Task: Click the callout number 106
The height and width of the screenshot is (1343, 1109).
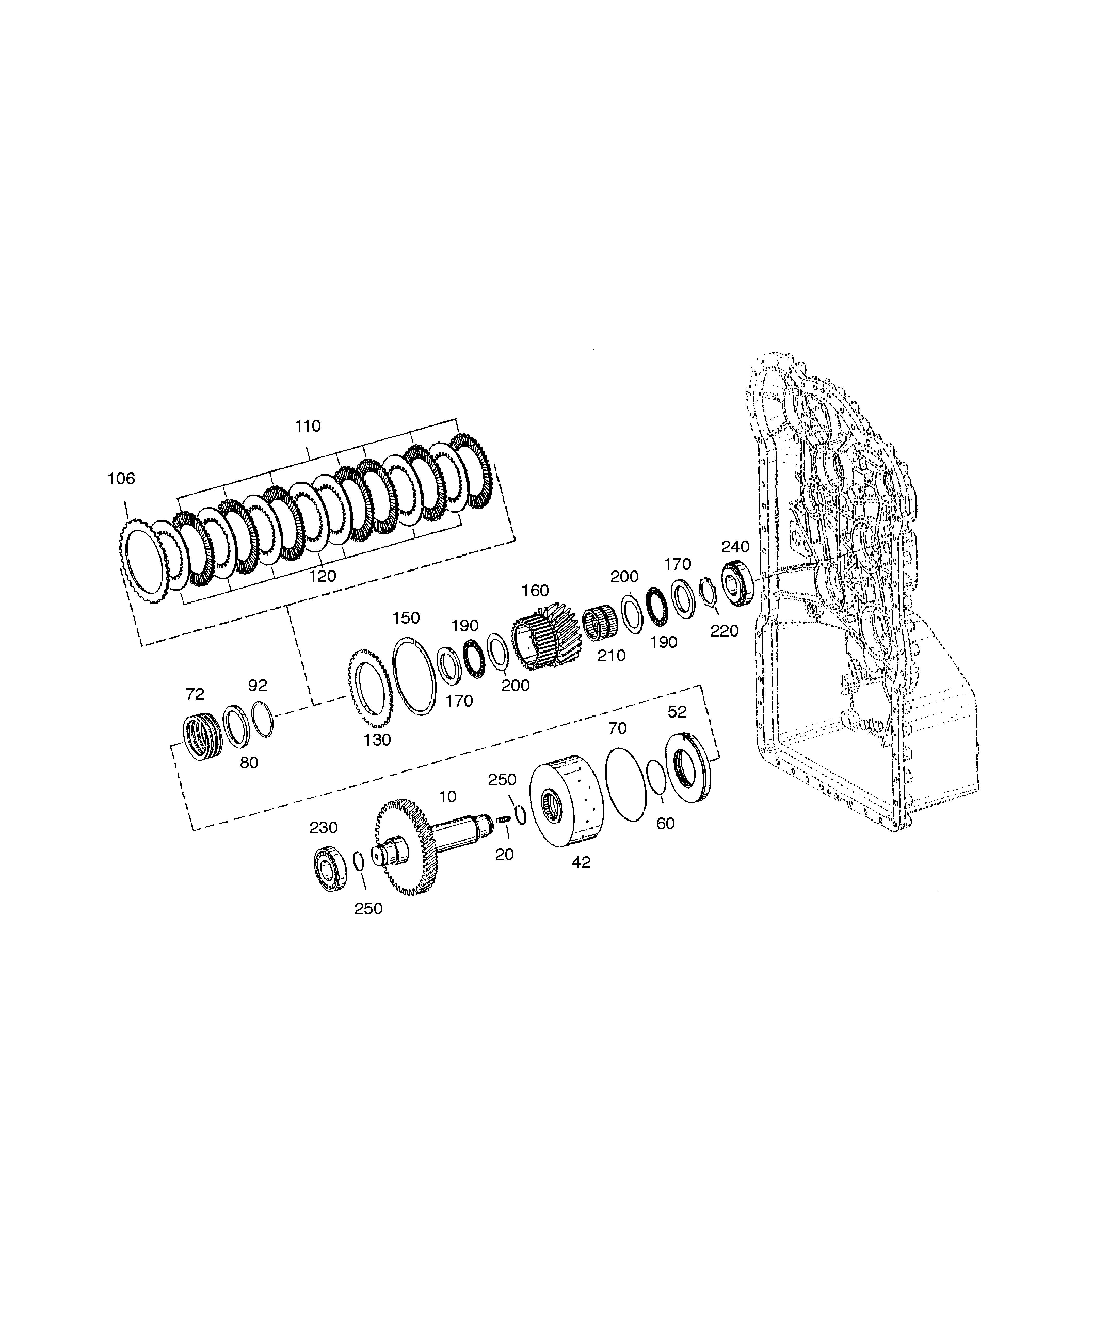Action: point(121,479)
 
